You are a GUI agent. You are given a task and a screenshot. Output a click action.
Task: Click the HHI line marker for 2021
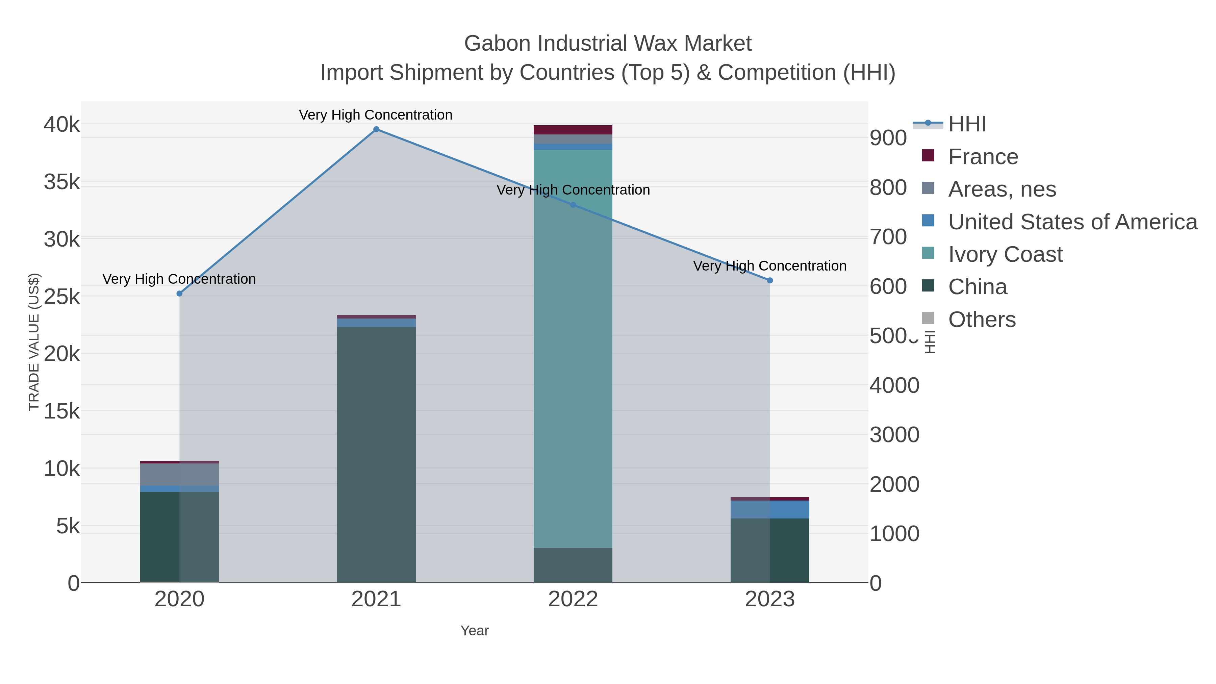[376, 129]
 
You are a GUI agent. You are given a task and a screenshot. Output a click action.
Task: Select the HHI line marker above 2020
[179, 294]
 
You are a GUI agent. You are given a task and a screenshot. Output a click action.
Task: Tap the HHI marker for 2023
[770, 280]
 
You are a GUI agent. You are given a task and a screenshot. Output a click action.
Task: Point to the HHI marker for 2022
[573, 205]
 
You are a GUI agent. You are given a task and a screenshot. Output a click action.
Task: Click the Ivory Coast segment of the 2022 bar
[573, 349]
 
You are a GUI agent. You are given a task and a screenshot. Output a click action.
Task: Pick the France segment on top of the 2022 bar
[573, 130]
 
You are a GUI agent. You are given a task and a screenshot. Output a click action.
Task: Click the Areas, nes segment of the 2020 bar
[179, 475]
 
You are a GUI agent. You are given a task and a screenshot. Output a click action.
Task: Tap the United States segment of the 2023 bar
[770, 510]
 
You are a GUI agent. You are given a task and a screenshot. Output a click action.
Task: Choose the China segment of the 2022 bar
[573, 565]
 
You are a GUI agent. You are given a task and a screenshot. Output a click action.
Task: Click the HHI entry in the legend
[967, 124]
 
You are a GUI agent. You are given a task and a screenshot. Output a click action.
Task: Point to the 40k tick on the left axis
[62, 125]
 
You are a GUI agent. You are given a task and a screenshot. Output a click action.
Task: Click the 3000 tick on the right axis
[894, 435]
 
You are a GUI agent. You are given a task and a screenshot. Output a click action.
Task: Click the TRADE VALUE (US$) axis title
[34, 342]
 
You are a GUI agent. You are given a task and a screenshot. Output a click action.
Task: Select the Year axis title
[475, 631]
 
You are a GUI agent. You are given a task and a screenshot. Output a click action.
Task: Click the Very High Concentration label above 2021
[376, 115]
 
